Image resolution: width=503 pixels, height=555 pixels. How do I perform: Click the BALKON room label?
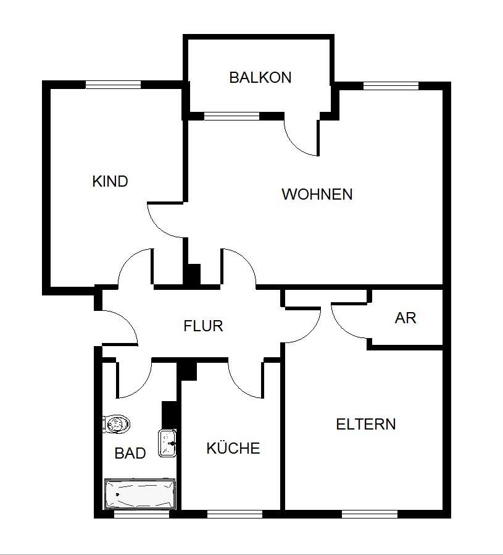260,78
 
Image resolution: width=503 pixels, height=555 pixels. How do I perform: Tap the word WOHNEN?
317,194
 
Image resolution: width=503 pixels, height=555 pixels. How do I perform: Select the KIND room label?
110,182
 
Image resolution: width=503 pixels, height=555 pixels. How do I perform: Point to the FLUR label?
203,326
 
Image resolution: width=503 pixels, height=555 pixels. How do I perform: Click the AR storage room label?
405,318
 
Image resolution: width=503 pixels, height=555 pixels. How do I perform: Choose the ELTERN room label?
365,425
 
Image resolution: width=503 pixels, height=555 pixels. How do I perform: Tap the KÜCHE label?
233,449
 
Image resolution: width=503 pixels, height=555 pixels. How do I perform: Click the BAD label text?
130,454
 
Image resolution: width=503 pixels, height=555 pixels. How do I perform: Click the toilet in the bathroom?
116,424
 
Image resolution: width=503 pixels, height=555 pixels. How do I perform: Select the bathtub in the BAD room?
139,494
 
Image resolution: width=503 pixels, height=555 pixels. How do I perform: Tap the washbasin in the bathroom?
168,443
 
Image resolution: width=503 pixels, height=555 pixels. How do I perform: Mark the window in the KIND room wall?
113,85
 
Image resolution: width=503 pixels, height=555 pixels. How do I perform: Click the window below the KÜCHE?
234,514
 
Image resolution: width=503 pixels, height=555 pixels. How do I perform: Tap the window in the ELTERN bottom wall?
369,514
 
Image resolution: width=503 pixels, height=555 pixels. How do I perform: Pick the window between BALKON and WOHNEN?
231,116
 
